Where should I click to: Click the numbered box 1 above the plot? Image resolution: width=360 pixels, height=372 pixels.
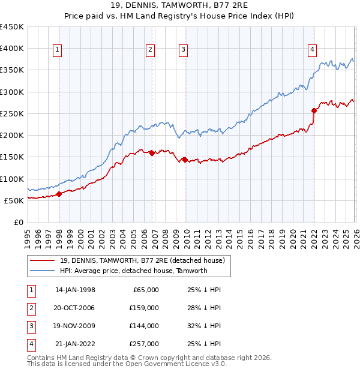[58, 50]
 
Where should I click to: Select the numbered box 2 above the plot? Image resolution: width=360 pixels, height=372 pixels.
[150, 50]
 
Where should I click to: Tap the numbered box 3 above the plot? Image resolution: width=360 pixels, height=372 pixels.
[183, 50]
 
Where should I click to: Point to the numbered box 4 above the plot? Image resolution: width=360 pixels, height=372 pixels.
[312, 50]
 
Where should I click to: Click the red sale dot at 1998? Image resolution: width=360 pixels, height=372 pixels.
[59, 194]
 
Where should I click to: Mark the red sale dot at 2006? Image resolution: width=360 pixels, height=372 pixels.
[152, 153]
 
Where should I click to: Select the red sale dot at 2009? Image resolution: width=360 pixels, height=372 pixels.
[185, 160]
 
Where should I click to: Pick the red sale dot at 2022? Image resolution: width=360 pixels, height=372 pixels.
[314, 110]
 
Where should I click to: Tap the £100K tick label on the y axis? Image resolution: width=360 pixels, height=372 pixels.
[12, 179]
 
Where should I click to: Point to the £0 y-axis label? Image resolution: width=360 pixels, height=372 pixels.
[19, 222]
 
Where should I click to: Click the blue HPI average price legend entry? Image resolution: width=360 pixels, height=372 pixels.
[133, 271]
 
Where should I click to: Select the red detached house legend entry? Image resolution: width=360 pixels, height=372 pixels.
[142, 260]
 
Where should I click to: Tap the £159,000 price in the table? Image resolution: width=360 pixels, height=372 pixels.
[145, 307]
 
